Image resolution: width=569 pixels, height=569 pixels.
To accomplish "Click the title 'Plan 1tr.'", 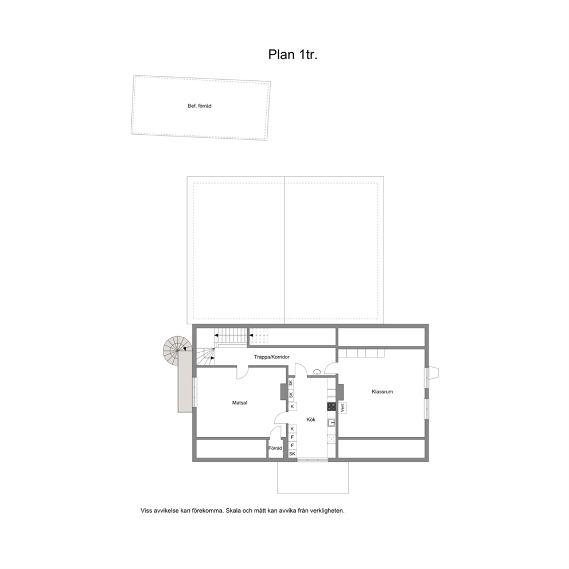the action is click(x=293, y=54).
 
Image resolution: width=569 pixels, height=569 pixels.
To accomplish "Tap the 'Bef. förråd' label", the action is click(x=199, y=106).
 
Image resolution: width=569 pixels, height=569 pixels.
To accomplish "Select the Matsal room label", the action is click(x=240, y=403).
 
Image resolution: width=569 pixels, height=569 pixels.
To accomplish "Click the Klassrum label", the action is click(x=382, y=392).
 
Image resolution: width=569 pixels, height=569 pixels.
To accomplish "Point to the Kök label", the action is click(x=311, y=419).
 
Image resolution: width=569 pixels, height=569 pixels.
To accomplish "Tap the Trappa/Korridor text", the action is click(x=271, y=357).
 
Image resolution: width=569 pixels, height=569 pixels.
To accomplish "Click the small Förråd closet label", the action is click(x=275, y=448).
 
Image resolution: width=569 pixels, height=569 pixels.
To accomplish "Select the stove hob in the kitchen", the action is click(x=331, y=407).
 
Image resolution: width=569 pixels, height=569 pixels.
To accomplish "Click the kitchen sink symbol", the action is click(x=331, y=423).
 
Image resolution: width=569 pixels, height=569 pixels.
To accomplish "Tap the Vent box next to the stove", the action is click(x=342, y=408).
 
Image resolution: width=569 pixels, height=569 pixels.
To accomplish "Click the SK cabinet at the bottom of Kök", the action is click(x=292, y=454).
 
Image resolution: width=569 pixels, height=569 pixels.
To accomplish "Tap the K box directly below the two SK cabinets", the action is click(x=292, y=407).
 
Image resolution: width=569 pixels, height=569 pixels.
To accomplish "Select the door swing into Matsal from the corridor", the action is click(x=243, y=373).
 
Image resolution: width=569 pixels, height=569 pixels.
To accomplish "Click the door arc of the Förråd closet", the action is click(x=275, y=432).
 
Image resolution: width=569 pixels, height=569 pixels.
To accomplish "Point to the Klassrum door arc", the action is click(x=330, y=368).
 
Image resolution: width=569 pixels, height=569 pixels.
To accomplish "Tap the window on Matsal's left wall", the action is click(x=194, y=392).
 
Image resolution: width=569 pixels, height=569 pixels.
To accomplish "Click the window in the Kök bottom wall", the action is click(x=313, y=460).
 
